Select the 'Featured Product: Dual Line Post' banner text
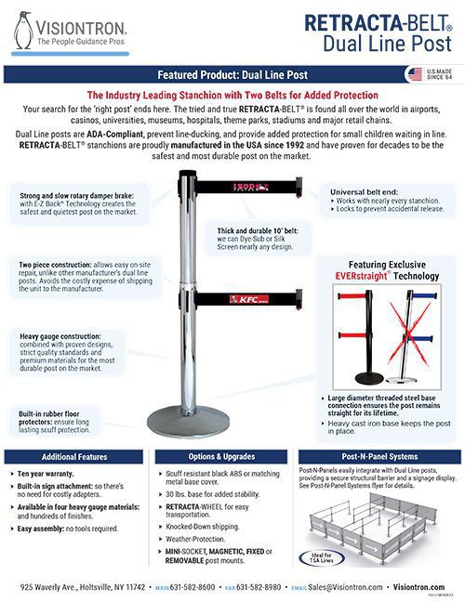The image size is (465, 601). [232, 73]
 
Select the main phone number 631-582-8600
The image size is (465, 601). [195, 588]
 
